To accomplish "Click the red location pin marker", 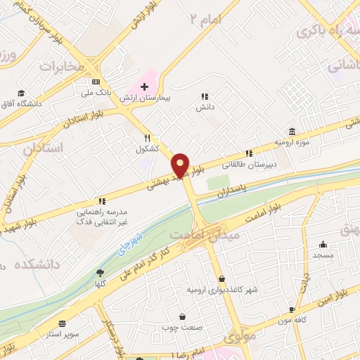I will click(x=181, y=165).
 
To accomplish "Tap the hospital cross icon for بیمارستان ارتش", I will click(x=144, y=86).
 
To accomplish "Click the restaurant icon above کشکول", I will click(x=147, y=138).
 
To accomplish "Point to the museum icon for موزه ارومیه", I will click(x=292, y=131).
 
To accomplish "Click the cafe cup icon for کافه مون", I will click(x=292, y=309).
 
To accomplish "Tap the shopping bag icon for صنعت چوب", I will click(x=183, y=317).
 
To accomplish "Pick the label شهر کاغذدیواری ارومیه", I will click(x=223, y=290).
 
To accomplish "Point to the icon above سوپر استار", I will click(x=63, y=323).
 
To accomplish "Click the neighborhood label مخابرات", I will click(x=61, y=67).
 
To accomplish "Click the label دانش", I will click(x=205, y=107).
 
